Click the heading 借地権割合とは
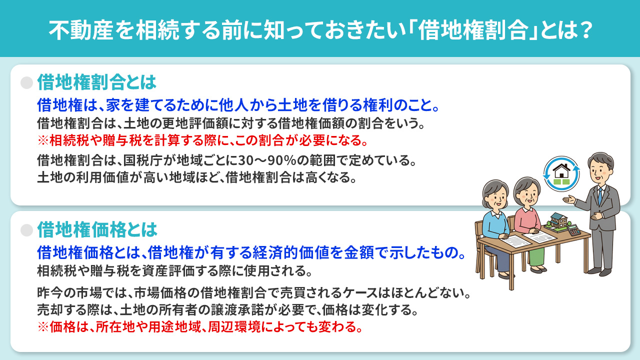click(x=97, y=81)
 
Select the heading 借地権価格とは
click(x=97, y=229)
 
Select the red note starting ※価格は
click(x=199, y=328)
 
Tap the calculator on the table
click(x=574, y=230)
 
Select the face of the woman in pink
click(x=526, y=192)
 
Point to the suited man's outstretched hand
click(x=568, y=200)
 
